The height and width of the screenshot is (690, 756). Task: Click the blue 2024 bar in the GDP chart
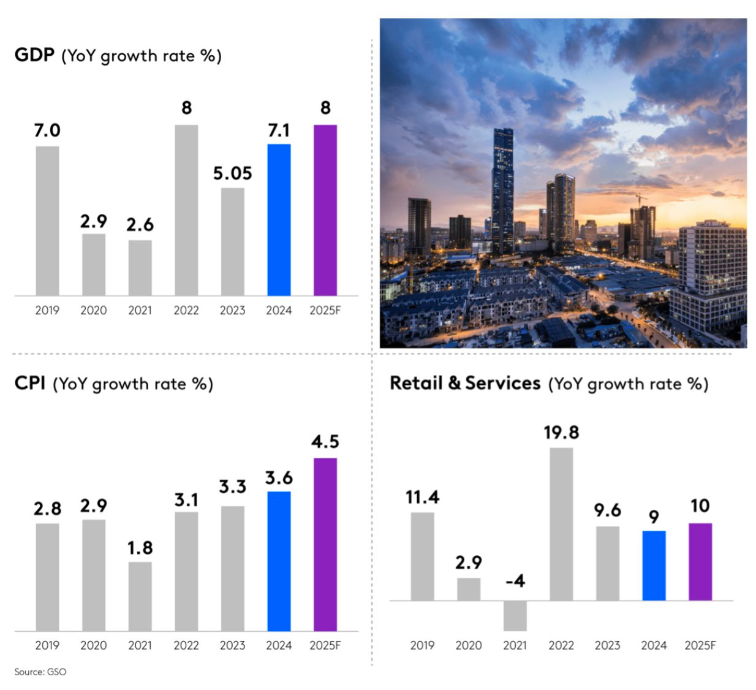click(279, 220)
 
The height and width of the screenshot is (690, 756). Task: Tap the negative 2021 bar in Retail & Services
click(515, 615)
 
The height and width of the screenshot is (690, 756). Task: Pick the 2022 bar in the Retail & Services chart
click(561, 524)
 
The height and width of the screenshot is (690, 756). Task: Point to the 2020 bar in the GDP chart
click(94, 265)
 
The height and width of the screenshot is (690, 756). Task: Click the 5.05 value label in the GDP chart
click(232, 173)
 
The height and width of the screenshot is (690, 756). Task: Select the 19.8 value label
click(561, 433)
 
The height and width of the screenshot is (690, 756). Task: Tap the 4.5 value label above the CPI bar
click(325, 442)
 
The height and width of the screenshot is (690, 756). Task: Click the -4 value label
click(515, 581)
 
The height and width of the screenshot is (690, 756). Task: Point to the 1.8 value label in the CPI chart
click(140, 548)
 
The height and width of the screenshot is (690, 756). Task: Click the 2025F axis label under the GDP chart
click(325, 310)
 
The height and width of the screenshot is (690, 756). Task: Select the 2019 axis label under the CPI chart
click(47, 645)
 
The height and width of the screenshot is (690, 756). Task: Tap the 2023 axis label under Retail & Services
click(607, 645)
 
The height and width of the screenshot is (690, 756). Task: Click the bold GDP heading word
click(34, 55)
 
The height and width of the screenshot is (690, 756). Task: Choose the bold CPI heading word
click(29, 383)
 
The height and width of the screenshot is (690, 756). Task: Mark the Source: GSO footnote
click(40, 672)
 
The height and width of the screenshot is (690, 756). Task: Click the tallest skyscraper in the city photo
click(502, 190)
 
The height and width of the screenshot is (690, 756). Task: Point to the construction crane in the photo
click(640, 199)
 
